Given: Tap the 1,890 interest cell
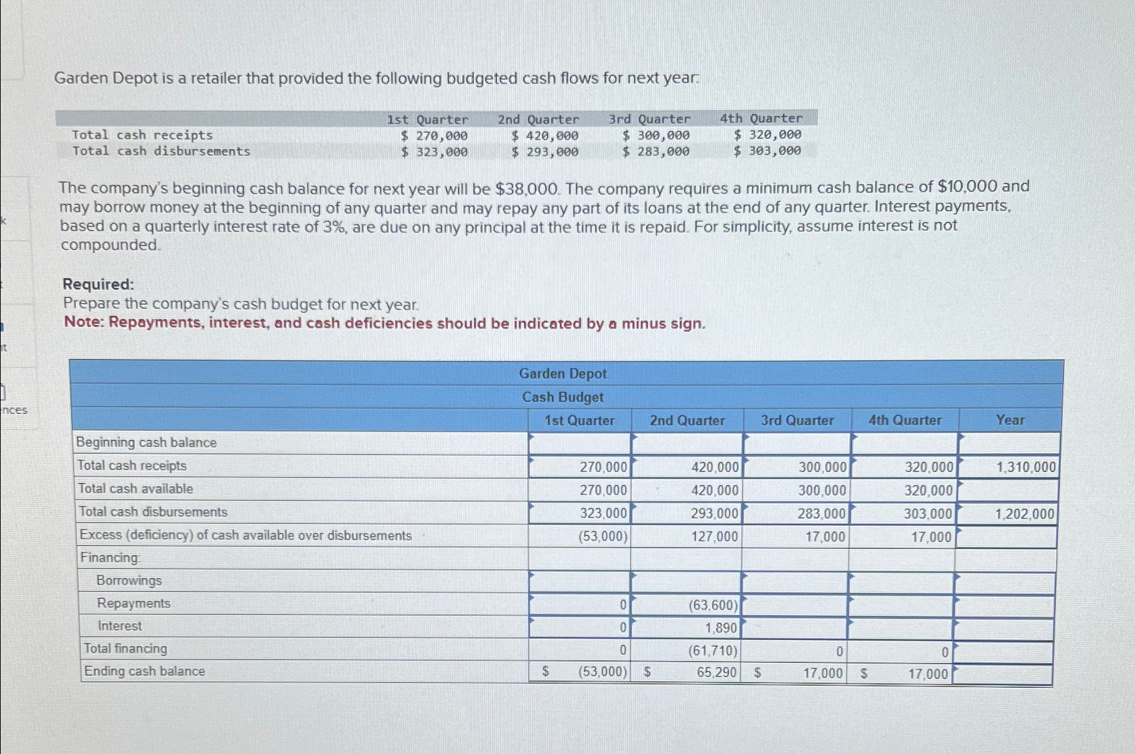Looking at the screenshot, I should tap(720, 628).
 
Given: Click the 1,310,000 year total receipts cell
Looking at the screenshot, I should tap(1026, 467).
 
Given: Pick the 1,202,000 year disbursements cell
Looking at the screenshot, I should tap(1024, 515).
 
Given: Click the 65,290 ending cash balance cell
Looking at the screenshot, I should tap(716, 672).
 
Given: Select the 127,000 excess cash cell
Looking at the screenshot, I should tap(714, 537).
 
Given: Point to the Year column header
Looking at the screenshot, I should tap(1010, 420).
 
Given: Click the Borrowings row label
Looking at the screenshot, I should tap(129, 581).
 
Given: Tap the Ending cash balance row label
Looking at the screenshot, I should tap(144, 671).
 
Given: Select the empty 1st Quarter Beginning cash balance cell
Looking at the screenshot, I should tap(579, 444).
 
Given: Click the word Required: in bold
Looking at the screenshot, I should tap(98, 284).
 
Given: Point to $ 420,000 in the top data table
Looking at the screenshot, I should tap(545, 136).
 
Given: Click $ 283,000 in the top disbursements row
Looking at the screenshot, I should tap(656, 152).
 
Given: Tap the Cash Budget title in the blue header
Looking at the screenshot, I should tap(562, 397).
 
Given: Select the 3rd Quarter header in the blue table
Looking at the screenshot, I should tap(797, 421).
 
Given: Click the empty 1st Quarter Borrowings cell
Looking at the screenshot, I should tap(579, 581).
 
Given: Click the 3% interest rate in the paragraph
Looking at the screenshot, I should tap(333, 227).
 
